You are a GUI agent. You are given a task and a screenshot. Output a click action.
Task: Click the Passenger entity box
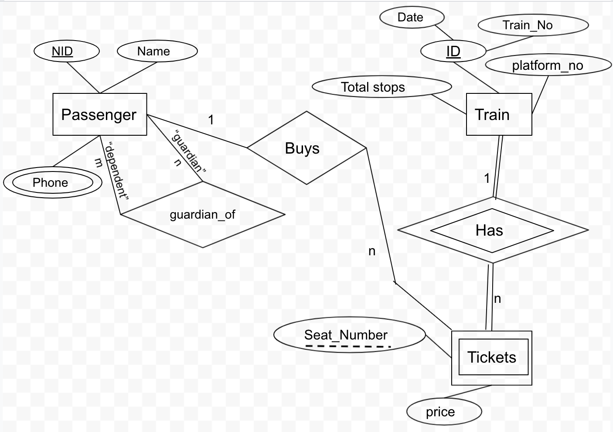(99, 114)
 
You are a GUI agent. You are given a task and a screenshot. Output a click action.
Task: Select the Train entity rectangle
(499, 114)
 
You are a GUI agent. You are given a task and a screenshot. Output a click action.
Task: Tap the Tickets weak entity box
(491, 357)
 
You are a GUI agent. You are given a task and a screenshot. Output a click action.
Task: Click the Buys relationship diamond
(306, 148)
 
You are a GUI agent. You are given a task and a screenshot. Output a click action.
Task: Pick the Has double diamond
(493, 230)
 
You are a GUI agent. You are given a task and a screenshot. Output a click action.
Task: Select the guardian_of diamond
(203, 215)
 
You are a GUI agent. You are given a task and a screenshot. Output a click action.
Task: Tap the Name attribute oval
(157, 51)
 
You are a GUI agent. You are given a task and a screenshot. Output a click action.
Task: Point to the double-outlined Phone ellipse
(52, 182)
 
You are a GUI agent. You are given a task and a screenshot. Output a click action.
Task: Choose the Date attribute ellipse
(412, 17)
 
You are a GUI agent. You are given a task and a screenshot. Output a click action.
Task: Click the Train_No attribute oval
(533, 25)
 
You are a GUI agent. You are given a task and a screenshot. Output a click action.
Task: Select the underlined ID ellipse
(453, 51)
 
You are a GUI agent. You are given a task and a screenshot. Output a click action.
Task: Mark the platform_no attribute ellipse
(548, 65)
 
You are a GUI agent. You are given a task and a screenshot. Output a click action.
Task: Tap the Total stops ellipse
(381, 87)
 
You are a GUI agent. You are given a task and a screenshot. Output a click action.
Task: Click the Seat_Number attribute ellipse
(349, 335)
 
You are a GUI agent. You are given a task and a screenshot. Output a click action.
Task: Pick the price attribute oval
(443, 411)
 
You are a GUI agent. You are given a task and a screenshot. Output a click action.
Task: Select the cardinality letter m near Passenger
(99, 162)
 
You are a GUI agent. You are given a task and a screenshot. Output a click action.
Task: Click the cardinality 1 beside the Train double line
(487, 178)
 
